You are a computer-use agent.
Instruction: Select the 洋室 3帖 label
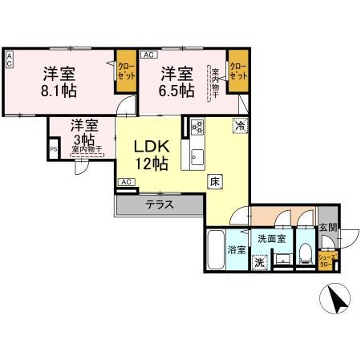pos(83,132)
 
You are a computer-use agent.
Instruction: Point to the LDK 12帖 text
pos(150,155)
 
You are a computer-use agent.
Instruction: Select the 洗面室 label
pos(271,239)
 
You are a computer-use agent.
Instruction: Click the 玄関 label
pos(327,228)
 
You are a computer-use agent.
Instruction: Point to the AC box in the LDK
pos(126,183)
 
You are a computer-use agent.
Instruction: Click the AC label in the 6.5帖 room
pos(148,55)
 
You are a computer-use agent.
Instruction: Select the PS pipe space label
pos(54,149)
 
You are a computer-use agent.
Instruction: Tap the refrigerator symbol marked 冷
pos(239,125)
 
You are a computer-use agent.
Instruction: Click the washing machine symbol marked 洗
pos(259,261)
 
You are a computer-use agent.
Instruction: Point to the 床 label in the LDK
pos(216,181)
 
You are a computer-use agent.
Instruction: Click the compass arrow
pos(338,303)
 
